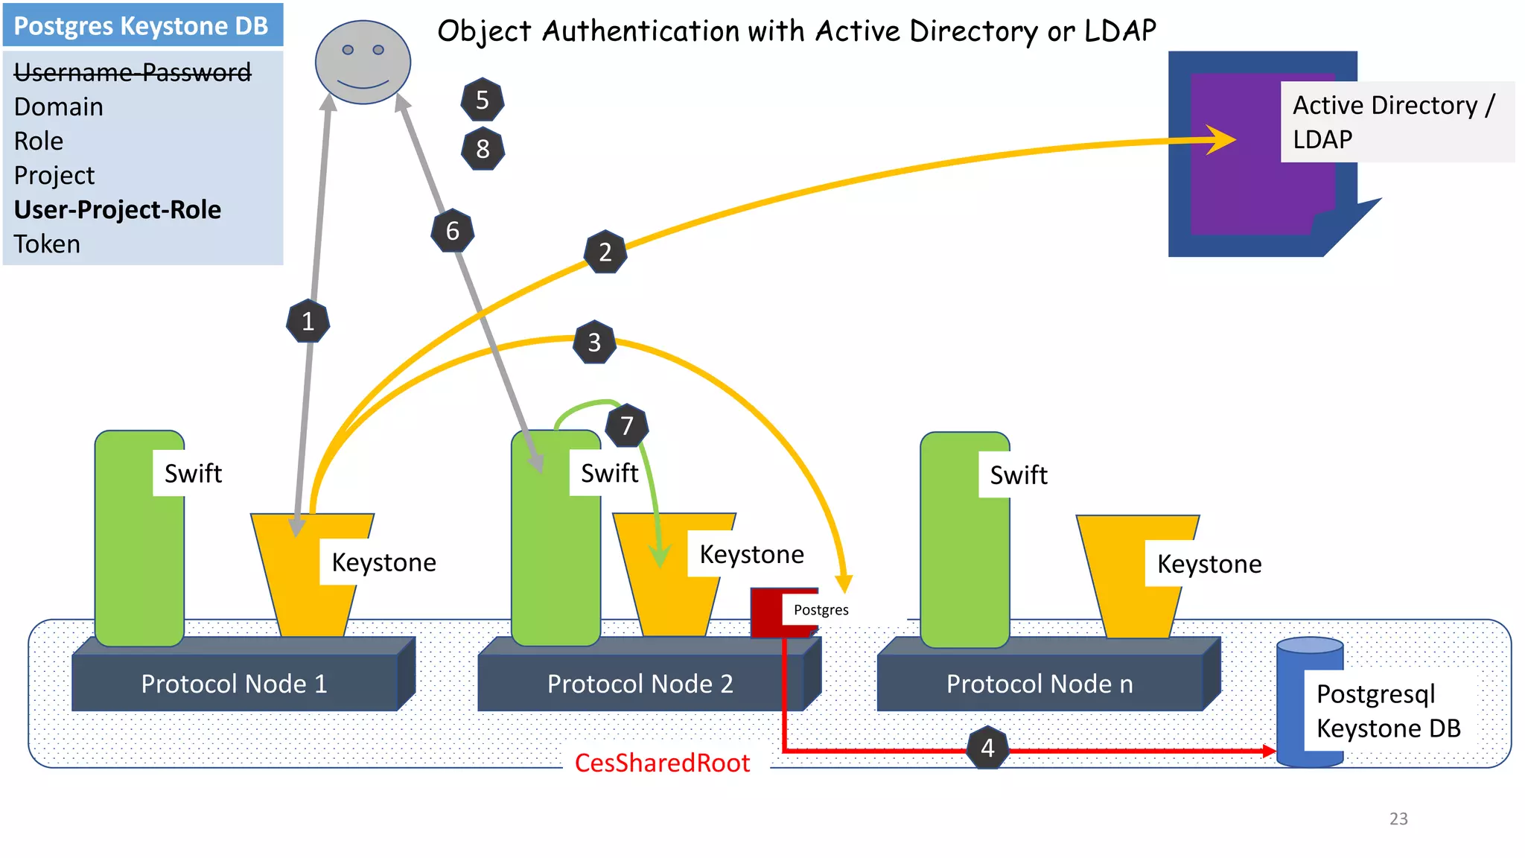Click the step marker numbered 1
tap(308, 322)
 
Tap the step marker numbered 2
tap(605, 252)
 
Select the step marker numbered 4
tap(987, 748)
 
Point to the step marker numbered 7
tap(626, 426)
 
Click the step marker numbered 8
tap(483, 149)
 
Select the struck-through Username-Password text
tap(133, 72)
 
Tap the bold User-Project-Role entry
tap(118, 210)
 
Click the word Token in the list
tap(47, 244)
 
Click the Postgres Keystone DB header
tap(141, 26)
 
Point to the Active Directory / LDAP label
tap(1392, 122)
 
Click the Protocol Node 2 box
tap(640, 683)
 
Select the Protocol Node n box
tap(1040, 683)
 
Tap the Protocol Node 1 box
tap(234, 683)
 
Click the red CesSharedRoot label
tap(662, 763)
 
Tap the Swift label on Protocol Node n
tap(1018, 475)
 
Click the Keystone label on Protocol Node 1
tap(383, 562)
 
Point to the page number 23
tap(1398, 819)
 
